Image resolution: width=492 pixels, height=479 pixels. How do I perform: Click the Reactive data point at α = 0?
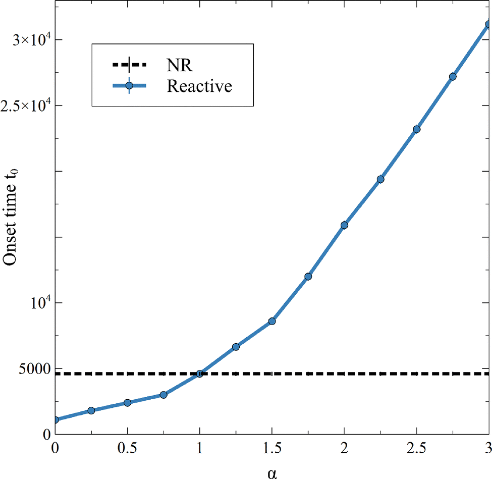pyautogui.click(x=56, y=419)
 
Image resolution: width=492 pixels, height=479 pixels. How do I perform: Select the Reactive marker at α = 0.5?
pyautogui.click(x=128, y=402)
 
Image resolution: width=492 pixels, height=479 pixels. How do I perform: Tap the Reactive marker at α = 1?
pyautogui.click(x=200, y=374)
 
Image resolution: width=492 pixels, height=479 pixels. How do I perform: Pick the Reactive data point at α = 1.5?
pyautogui.click(x=272, y=321)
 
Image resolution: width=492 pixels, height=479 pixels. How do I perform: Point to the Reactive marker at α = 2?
pyautogui.click(x=344, y=225)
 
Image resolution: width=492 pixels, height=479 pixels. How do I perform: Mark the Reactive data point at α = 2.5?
pyautogui.click(x=416, y=129)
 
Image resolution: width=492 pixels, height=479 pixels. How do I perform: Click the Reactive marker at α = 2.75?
pyautogui.click(x=453, y=77)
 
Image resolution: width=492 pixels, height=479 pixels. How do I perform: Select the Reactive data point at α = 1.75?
pyautogui.click(x=308, y=277)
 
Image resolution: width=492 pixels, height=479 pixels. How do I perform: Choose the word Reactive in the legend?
pyautogui.click(x=199, y=86)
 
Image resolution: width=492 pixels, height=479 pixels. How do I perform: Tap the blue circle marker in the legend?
pyautogui.click(x=129, y=86)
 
